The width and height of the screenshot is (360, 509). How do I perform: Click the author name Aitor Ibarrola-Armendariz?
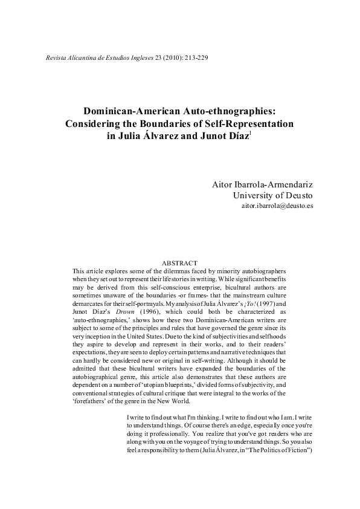pyautogui.click(x=262, y=183)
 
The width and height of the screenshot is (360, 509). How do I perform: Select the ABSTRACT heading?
pyautogui.click(x=180, y=263)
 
